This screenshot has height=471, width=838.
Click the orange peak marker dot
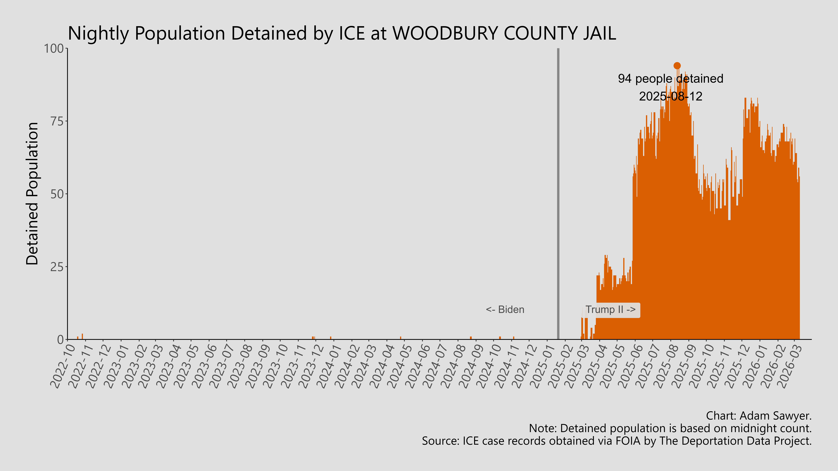pos(677,66)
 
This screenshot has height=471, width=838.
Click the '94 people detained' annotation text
pos(670,79)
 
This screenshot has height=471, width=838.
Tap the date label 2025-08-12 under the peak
pos(670,96)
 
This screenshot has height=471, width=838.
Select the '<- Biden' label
pos(505,309)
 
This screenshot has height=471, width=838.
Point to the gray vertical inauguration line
pos(558,195)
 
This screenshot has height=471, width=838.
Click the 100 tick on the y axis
pos(54,49)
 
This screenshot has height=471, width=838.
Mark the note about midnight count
pos(670,428)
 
